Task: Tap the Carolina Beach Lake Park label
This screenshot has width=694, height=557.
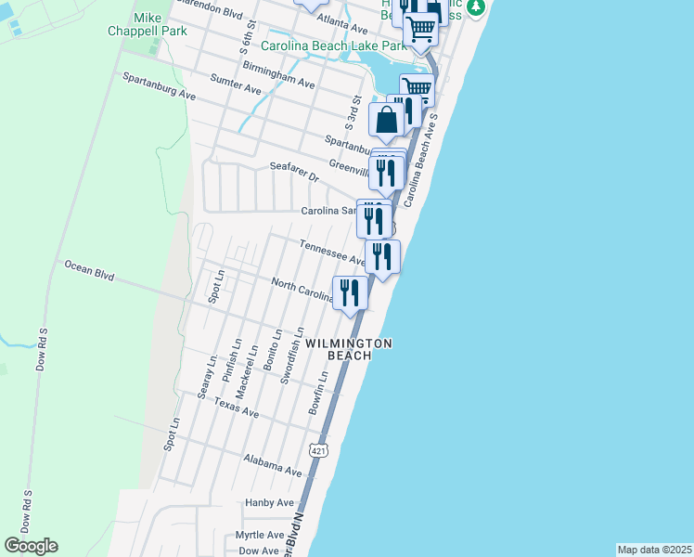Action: click(333, 45)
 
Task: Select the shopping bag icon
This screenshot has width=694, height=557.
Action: click(386, 120)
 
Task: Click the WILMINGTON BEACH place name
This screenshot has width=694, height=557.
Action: click(349, 349)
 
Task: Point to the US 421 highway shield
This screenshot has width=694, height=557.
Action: click(318, 450)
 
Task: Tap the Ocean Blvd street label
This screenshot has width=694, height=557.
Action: click(89, 270)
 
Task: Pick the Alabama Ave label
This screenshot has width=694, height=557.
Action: click(273, 465)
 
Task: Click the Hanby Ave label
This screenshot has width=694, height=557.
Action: click(269, 503)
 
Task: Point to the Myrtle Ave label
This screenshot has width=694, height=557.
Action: click(260, 536)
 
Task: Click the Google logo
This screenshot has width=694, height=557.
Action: click(31, 546)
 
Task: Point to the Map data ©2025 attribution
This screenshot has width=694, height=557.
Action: click(654, 550)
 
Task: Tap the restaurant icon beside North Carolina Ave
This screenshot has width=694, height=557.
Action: click(350, 293)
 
